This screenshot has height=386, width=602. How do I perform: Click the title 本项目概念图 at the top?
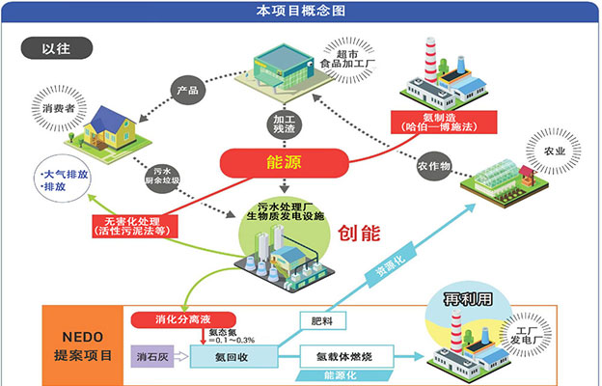(x=300, y=11)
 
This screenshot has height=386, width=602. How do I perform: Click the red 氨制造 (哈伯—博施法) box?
(x=443, y=122)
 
